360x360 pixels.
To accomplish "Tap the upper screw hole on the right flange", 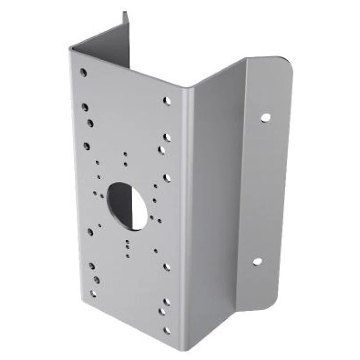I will pyautogui.click(x=265, y=117).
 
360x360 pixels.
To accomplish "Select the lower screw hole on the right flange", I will pyautogui.click(x=257, y=261).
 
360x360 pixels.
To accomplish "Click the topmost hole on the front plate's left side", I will pyautogui.click(x=83, y=72).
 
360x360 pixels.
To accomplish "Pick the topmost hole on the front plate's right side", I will pyautogui.click(x=167, y=101).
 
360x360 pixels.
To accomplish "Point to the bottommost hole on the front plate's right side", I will pyautogui.click(x=166, y=331).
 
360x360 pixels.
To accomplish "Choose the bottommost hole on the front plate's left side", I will pyautogui.click(x=93, y=293).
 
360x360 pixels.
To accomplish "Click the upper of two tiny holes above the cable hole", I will pyautogui.click(x=125, y=154).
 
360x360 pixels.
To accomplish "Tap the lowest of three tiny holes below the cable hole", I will pyautogui.click(x=128, y=256).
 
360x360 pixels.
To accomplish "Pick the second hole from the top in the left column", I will pyautogui.click(x=85, y=107).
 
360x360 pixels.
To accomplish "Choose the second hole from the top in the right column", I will pyautogui.click(x=167, y=137).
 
